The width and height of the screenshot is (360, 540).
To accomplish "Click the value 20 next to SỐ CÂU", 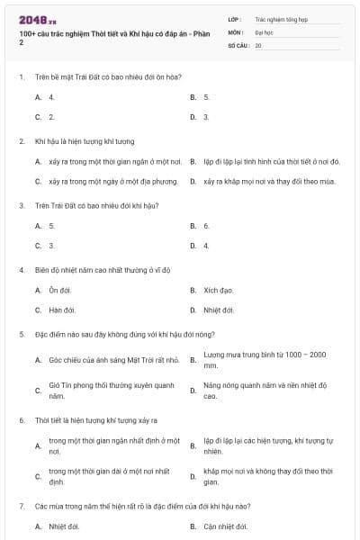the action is pyautogui.click(x=258, y=45).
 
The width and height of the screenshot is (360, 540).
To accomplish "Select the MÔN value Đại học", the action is pyautogui.click(x=263, y=31).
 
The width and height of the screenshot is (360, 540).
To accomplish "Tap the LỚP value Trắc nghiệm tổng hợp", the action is pyautogui.click(x=280, y=18).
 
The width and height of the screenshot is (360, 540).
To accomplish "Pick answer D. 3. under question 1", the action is pyautogui.click(x=206, y=117).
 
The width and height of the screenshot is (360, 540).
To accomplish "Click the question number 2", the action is pyautogui.click(x=22, y=141).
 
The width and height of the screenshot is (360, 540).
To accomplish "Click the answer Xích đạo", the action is pyautogui.click(x=219, y=290).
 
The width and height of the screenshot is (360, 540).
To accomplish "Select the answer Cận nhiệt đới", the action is pyautogui.click(x=225, y=526).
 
